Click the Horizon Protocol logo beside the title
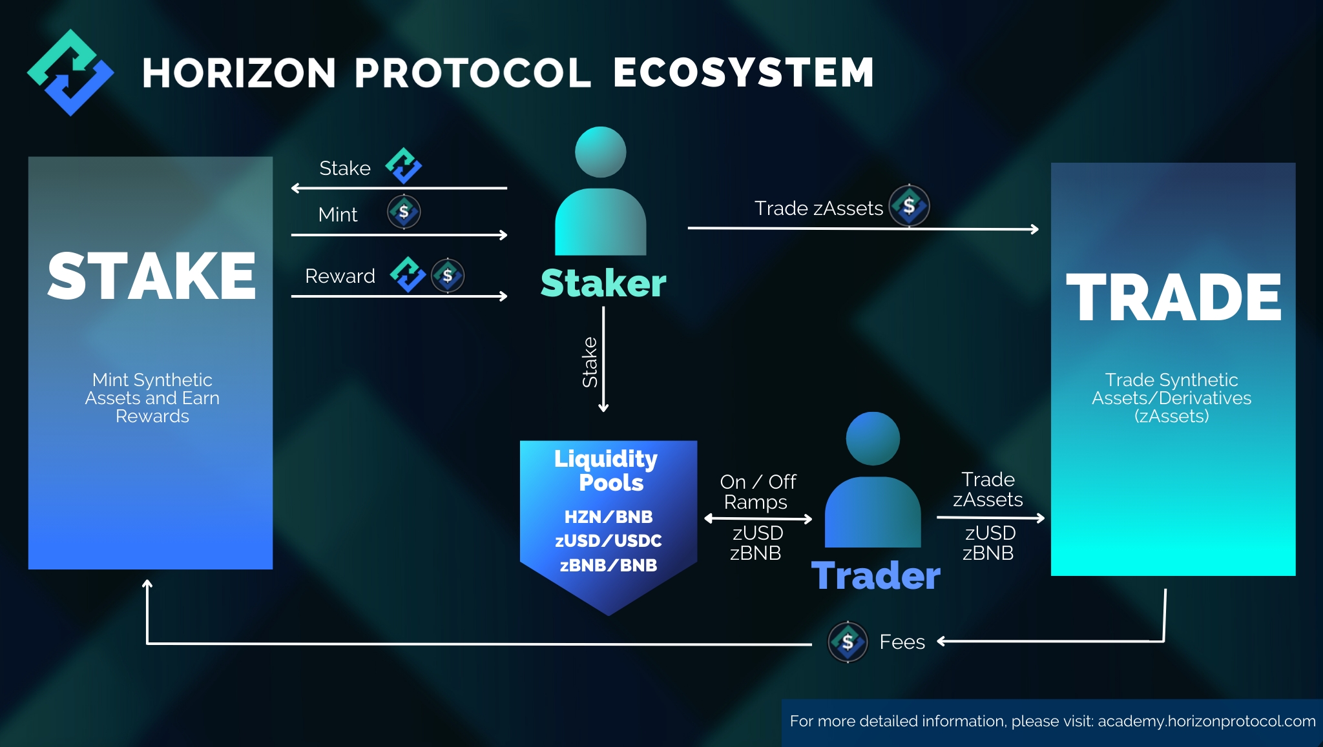pyautogui.click(x=70, y=72)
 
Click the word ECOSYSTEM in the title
pyautogui.click(x=744, y=72)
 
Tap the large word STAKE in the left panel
pyautogui.click(x=151, y=276)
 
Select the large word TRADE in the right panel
pyautogui.click(x=1173, y=297)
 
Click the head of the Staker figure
pyautogui.click(x=601, y=152)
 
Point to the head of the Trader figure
pyautogui.click(x=873, y=438)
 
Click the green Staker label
pyautogui.click(x=603, y=283)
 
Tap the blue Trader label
pyautogui.click(x=875, y=576)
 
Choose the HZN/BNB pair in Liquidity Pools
pyautogui.click(x=609, y=517)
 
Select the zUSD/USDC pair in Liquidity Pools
pyautogui.click(x=609, y=541)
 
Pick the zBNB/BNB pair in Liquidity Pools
pyautogui.click(x=609, y=566)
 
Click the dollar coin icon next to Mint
pyautogui.click(x=404, y=212)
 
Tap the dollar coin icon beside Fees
pyautogui.click(x=848, y=642)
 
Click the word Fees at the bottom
pyautogui.click(x=902, y=642)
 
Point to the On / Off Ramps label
pyautogui.click(x=758, y=492)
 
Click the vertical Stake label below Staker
pyautogui.click(x=590, y=362)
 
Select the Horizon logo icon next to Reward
pyautogui.click(x=408, y=274)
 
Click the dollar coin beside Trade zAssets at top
pyautogui.click(x=910, y=206)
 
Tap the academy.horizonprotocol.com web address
pyautogui.click(x=1207, y=721)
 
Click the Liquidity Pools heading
pyautogui.click(x=607, y=471)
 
